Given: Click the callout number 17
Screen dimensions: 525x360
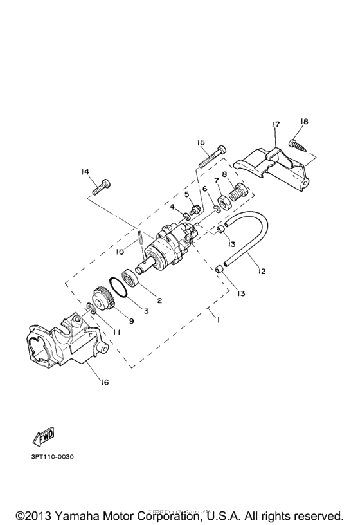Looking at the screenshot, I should pyautogui.click(x=274, y=124).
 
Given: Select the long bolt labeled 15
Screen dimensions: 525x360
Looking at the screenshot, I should pyautogui.click(x=210, y=156).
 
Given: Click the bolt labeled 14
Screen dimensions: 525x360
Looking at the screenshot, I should pyautogui.click(x=103, y=188).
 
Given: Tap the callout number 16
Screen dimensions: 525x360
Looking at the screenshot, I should pyautogui.click(x=104, y=382).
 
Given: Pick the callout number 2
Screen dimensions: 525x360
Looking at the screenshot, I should pyautogui.click(x=159, y=299).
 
